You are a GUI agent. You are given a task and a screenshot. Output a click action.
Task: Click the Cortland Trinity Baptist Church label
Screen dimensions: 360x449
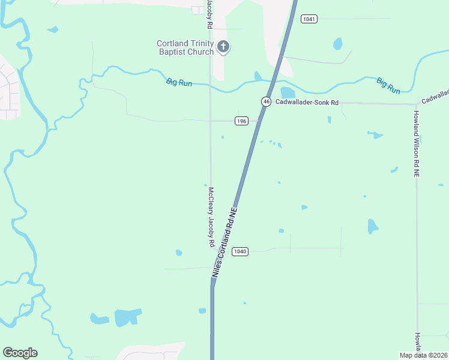click(x=185, y=47)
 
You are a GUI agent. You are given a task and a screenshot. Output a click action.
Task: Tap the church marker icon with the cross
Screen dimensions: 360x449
click(x=223, y=46)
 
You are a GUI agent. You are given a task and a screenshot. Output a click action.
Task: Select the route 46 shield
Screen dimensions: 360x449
click(x=266, y=101)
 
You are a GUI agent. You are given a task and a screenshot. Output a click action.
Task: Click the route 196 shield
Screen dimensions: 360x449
click(x=241, y=121)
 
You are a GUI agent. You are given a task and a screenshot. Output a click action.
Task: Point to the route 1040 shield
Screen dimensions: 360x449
click(x=240, y=251)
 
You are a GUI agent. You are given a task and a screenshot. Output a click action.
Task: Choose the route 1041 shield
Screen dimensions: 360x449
click(x=309, y=19)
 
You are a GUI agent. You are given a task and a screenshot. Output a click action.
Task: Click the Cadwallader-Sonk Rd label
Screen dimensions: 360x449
click(x=307, y=103)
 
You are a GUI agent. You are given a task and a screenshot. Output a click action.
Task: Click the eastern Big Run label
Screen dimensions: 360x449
click(x=388, y=85)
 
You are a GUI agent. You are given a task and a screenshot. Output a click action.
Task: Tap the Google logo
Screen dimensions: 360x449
click(x=20, y=353)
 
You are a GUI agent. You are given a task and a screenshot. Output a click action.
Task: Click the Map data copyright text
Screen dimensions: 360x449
click(x=423, y=355)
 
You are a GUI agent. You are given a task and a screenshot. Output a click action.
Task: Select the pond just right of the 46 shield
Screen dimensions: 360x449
click(x=288, y=92)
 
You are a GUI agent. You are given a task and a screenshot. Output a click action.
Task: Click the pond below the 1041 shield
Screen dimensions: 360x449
click(x=337, y=44)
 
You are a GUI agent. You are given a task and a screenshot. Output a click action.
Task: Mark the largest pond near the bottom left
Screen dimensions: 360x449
click(x=127, y=317)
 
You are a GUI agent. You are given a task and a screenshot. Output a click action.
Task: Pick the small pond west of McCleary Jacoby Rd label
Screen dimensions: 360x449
click(x=178, y=253)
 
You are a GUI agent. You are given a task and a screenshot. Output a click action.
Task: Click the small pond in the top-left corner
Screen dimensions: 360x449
click(x=53, y=29)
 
